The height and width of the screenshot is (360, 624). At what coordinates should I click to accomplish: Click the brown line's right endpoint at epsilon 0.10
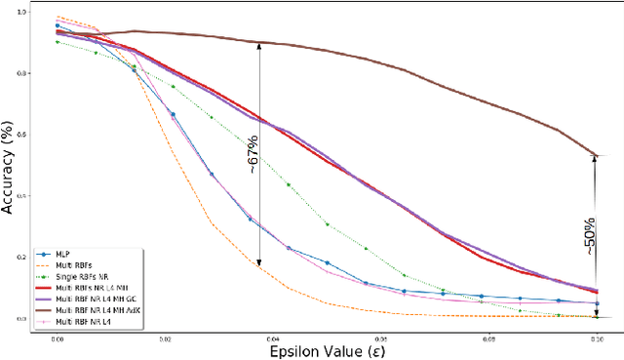point(596,155)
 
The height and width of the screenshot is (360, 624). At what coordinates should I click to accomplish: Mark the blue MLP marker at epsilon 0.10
point(596,303)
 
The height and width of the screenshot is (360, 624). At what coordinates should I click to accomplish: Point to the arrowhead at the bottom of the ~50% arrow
point(596,314)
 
